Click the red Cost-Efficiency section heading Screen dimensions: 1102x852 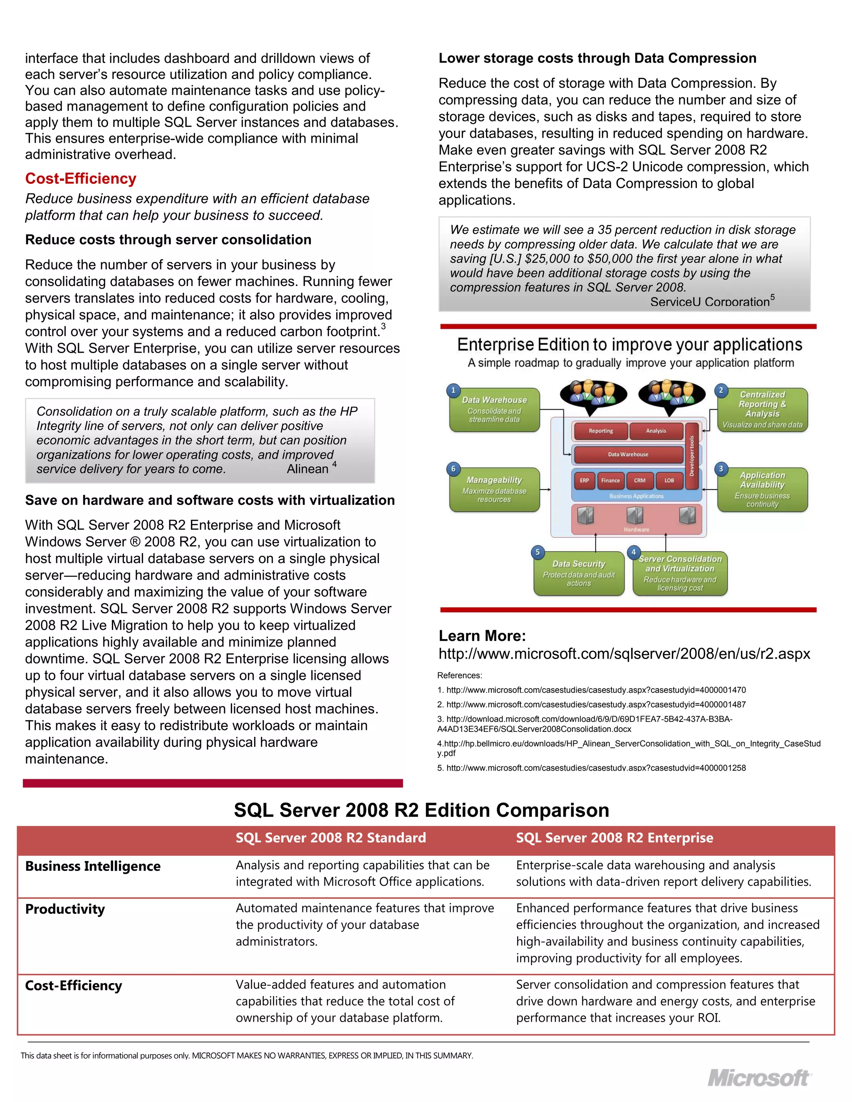(81, 179)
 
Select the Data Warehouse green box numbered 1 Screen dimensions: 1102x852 (494, 409)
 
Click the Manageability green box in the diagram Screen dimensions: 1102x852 (494, 489)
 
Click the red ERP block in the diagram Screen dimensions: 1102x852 (584, 480)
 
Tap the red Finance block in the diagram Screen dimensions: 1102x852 (610, 480)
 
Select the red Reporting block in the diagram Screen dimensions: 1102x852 (601, 431)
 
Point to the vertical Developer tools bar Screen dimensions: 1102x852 (691, 457)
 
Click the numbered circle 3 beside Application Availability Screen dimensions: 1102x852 (721, 469)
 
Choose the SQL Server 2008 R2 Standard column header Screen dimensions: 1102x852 (331, 838)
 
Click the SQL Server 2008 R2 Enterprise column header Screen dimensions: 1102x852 (614, 838)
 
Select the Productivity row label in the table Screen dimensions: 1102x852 (65, 909)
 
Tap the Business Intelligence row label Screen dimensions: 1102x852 (93, 866)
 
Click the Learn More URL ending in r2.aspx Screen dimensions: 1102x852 (624, 654)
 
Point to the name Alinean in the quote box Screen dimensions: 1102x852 (307, 469)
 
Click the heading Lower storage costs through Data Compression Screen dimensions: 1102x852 (597, 59)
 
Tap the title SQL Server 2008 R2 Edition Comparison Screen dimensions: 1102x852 (421, 810)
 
